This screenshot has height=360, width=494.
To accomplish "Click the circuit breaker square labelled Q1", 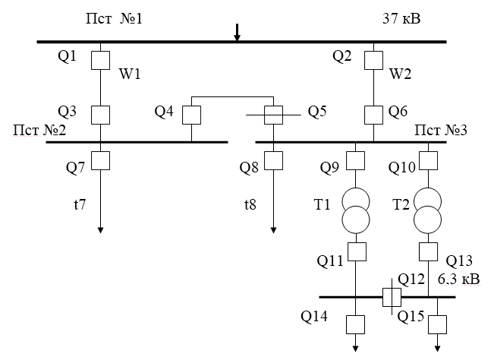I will click(100, 60).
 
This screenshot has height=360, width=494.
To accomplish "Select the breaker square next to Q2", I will click(373, 60).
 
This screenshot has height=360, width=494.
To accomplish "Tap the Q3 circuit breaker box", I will click(100, 115).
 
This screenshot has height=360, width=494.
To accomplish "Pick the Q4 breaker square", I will click(190, 115).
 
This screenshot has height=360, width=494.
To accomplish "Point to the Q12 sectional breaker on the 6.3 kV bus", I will click(391, 296).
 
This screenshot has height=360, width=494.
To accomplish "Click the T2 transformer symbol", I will click(429, 209).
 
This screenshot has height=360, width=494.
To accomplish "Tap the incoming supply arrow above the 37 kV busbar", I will click(237, 32).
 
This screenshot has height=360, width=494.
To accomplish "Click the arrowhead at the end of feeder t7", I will click(100, 230).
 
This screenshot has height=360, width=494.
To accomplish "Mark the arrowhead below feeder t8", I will click(273, 230).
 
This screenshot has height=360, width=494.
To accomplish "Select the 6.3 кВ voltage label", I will click(458, 278).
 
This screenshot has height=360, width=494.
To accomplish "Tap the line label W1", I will click(130, 75).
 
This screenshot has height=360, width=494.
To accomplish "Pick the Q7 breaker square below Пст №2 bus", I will click(100, 160).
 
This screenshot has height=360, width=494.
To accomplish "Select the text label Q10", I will click(402, 166).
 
